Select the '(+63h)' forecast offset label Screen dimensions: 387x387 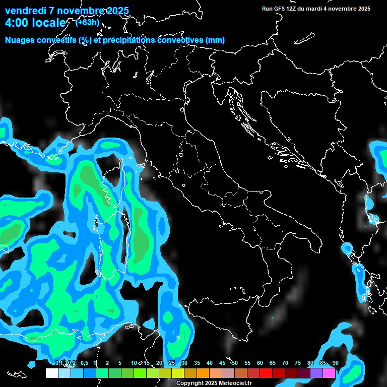[x=88, y=22]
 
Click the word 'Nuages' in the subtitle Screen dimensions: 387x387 [x=20, y=40]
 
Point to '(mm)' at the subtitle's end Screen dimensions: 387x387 [x=215, y=40]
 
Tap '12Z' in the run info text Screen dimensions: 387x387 [x=290, y=9]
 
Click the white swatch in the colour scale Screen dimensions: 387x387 [x=51, y=373]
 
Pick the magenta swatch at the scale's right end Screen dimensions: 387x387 [x=329, y=373]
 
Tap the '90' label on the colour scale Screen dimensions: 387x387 [x=336, y=363]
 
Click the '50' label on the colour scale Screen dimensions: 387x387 [x=235, y=363]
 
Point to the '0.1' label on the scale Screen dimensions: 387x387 [x=59, y=363]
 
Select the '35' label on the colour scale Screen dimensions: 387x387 [x=197, y=363]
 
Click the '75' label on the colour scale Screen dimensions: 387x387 [x=298, y=363]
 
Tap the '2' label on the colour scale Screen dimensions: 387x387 [x=107, y=363]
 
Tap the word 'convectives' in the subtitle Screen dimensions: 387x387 [x=176, y=40]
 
